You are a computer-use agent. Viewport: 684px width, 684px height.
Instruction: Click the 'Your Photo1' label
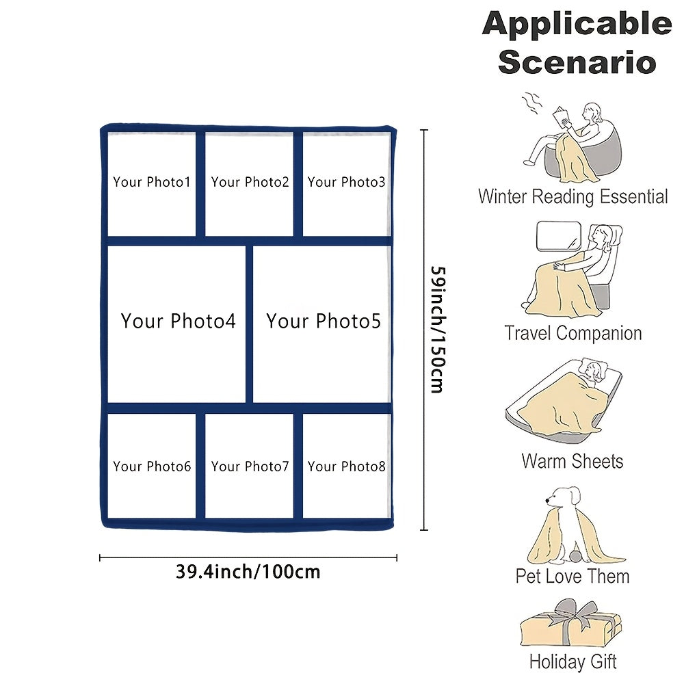coord(152,182)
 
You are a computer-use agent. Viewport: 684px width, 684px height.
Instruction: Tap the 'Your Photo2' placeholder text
coord(250,182)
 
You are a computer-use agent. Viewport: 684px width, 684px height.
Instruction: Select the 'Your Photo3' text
coord(346,182)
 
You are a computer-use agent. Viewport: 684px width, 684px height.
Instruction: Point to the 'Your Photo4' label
coord(178,321)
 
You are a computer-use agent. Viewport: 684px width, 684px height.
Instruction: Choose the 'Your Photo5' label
coord(324,321)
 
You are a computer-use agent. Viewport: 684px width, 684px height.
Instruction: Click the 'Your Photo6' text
coord(152,466)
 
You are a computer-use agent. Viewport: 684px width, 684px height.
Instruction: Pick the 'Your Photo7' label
coord(250,466)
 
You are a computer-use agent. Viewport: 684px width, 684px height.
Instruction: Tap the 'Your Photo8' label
coord(346,466)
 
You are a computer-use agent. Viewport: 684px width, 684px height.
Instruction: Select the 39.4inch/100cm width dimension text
coord(248,571)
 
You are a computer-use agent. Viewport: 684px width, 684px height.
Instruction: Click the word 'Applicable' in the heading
coord(577,25)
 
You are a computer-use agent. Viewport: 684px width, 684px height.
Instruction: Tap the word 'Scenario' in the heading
coord(577,62)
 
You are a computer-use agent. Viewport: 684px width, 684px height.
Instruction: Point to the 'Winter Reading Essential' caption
coord(573,197)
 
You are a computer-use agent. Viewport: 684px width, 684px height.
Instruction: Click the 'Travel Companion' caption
coord(573,334)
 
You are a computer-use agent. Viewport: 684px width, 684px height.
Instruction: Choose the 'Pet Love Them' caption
coord(573,576)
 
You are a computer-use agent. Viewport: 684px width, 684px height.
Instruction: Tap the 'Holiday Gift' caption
coord(573,661)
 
